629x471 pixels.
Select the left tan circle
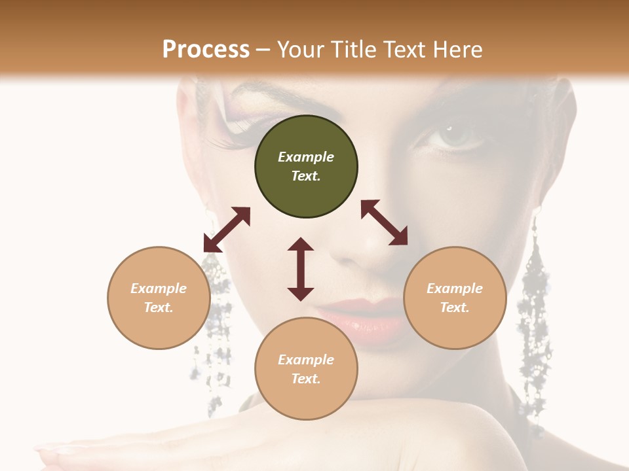[159, 298]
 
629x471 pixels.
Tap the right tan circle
[455, 298]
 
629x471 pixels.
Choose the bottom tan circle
[306, 369]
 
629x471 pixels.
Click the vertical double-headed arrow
[301, 269]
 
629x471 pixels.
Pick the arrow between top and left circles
[227, 230]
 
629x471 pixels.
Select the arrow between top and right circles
[384, 222]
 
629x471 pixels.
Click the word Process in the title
[206, 49]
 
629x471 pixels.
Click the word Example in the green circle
[306, 157]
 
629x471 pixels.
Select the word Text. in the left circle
[159, 307]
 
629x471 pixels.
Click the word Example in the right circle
[455, 288]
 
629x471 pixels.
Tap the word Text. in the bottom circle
[306, 379]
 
